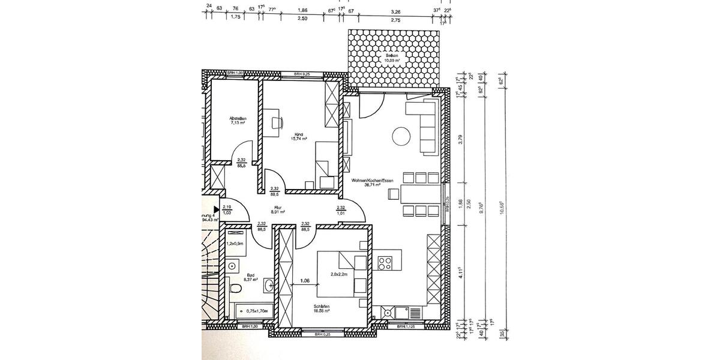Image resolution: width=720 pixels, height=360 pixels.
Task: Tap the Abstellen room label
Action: (x=238, y=121)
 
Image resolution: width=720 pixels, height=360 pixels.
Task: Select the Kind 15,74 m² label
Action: (x=300, y=137)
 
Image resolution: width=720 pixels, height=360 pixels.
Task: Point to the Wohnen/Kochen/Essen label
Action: (x=373, y=183)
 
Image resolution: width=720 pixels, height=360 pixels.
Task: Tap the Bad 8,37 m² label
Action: (x=251, y=277)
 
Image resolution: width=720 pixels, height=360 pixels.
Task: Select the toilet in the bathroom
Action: (x=235, y=290)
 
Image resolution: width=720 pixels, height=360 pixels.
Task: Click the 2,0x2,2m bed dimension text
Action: (x=340, y=274)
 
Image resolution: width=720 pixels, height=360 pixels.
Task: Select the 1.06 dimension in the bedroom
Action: (x=305, y=280)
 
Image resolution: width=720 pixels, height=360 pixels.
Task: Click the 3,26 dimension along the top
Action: (x=395, y=11)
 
